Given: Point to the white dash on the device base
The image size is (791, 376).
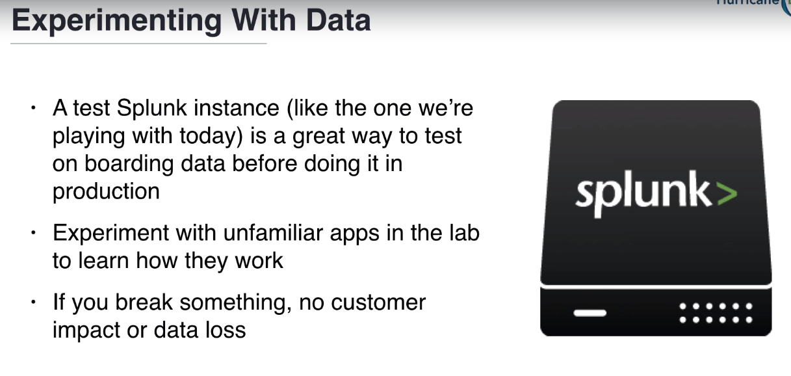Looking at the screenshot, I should [590, 313].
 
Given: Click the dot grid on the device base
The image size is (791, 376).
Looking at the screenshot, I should [715, 312].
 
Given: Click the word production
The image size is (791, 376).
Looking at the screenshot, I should [106, 191].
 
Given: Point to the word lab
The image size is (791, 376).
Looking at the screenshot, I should [462, 233].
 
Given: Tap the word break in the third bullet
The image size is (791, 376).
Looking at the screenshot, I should [145, 302].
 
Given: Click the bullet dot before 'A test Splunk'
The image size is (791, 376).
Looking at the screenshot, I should [33, 108].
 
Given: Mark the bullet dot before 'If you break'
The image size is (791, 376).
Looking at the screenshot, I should [33, 302].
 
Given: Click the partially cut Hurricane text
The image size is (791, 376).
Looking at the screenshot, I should [747, 3].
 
